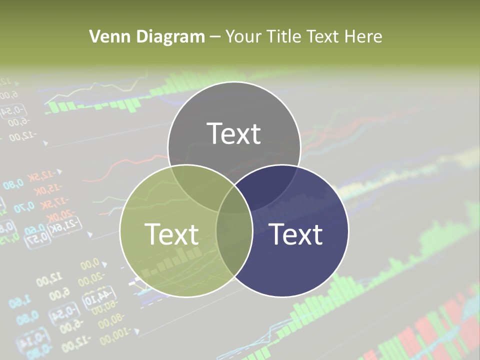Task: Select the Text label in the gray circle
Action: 234,133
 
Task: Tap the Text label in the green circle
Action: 171,234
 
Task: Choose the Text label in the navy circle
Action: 296,234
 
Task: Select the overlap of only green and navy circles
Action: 234,245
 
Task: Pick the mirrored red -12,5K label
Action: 40,176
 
